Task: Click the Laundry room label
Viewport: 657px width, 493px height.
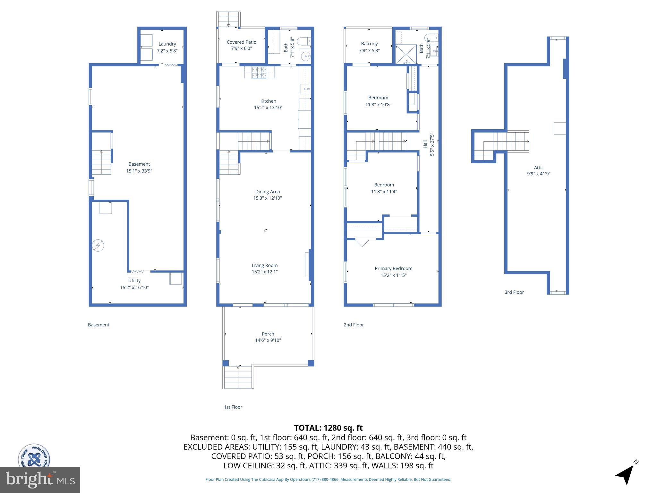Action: pyautogui.click(x=167, y=44)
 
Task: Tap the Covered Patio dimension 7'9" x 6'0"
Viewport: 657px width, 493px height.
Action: pyautogui.click(x=241, y=48)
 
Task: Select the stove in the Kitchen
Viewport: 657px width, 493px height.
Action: pyautogui.click(x=259, y=73)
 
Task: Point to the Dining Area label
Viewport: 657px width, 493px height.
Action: pyautogui.click(x=267, y=192)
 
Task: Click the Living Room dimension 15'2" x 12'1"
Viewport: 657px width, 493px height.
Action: pyautogui.click(x=264, y=272)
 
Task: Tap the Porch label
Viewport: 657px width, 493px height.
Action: pyautogui.click(x=268, y=334)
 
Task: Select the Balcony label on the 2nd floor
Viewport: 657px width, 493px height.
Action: pyautogui.click(x=369, y=44)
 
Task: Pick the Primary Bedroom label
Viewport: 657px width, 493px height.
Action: pyautogui.click(x=393, y=268)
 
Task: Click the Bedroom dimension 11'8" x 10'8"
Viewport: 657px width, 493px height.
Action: pyautogui.click(x=378, y=104)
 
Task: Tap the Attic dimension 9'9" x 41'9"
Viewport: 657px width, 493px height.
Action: pyautogui.click(x=539, y=174)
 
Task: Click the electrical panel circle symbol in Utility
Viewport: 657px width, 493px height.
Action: pyautogui.click(x=98, y=246)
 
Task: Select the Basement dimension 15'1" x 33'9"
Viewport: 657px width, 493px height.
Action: pyautogui.click(x=139, y=171)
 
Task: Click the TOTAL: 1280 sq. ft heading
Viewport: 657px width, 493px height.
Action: pyautogui.click(x=328, y=428)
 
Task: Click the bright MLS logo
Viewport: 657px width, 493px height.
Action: pyautogui.click(x=40, y=480)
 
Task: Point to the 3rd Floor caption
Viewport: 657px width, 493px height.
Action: pyautogui.click(x=514, y=292)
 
